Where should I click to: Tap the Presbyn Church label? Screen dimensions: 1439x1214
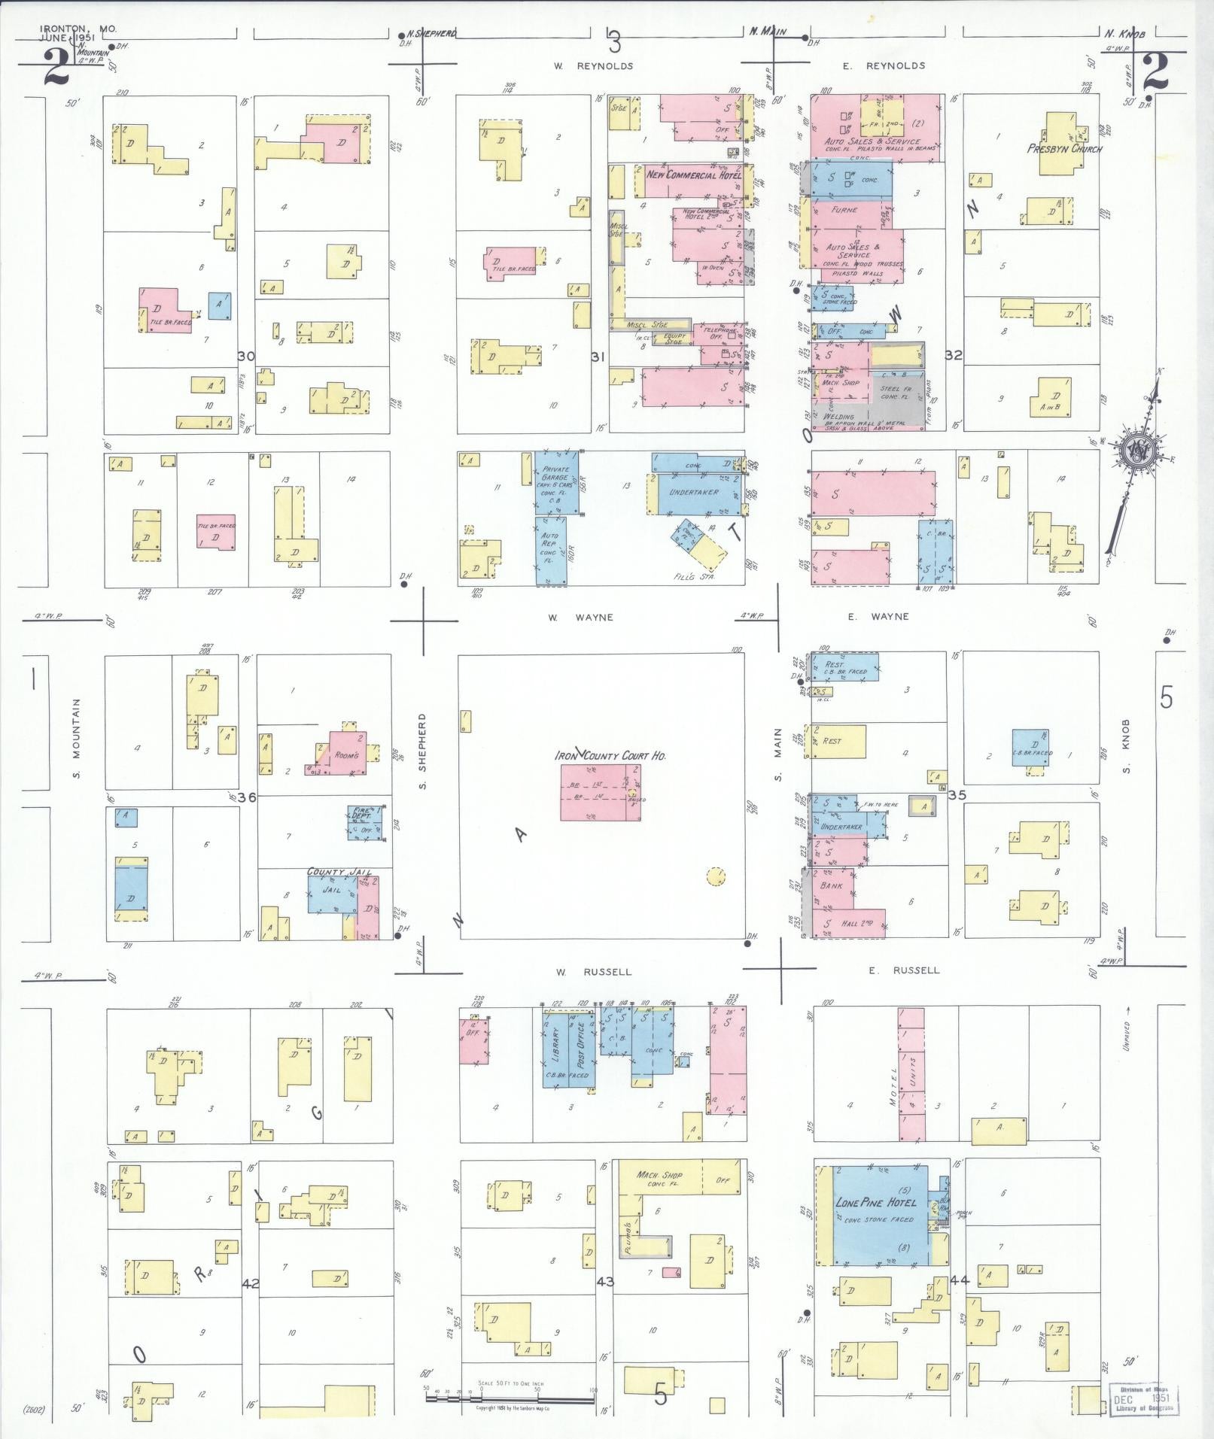[1064, 148]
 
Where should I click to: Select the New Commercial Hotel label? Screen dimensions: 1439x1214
[693, 175]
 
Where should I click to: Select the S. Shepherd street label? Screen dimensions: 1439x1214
[423, 750]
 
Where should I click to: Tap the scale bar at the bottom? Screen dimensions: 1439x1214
[510, 1398]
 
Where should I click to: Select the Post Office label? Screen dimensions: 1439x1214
[581, 1045]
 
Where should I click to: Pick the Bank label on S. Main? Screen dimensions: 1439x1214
[831, 885]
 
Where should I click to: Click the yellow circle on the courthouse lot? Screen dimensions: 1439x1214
[716, 876]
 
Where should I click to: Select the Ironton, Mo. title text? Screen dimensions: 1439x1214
[78, 29]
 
